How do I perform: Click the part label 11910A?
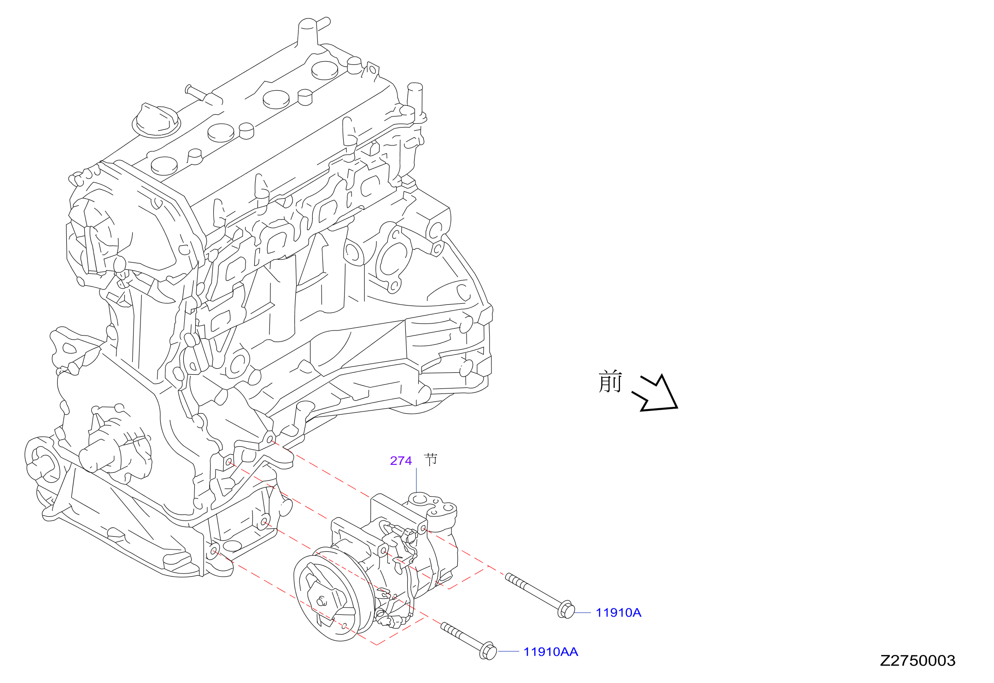618,613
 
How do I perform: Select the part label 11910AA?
550,652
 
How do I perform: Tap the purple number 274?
401,461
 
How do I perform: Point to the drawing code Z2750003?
918,660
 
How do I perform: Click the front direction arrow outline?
656,394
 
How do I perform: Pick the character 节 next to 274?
431,459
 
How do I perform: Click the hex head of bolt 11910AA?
489,651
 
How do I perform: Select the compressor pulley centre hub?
322,601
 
